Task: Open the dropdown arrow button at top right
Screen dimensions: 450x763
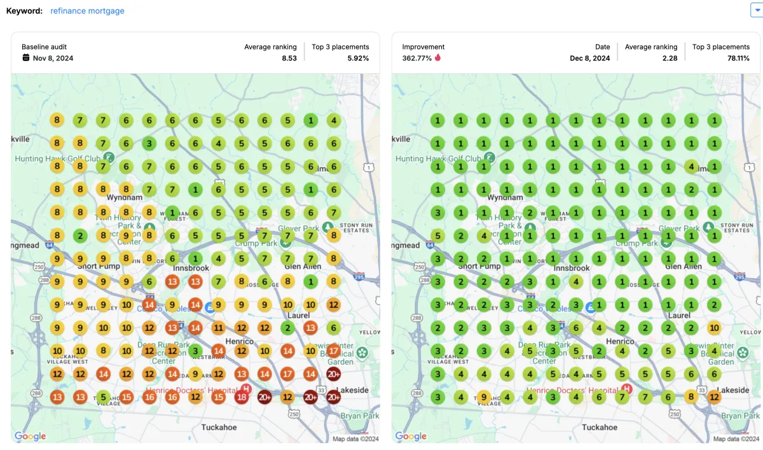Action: click(757, 10)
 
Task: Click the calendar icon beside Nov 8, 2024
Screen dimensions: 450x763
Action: click(26, 58)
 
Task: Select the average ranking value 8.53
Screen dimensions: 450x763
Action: click(289, 58)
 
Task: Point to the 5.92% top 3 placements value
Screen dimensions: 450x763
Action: click(358, 58)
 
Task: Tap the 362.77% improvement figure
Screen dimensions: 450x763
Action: click(416, 58)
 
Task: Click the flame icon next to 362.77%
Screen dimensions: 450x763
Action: click(437, 58)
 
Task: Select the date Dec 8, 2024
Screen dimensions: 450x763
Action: click(589, 58)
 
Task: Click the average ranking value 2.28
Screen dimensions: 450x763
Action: click(669, 58)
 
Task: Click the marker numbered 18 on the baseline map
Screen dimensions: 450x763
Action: click(241, 397)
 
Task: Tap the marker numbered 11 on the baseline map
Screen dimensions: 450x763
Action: click(218, 328)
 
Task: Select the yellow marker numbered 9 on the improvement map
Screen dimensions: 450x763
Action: click(483, 397)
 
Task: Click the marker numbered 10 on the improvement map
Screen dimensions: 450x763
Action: click(714, 328)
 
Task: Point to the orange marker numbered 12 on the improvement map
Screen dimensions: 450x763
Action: click(714, 397)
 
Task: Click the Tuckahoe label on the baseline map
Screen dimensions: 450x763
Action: click(219, 427)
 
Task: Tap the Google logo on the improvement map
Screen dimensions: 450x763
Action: click(411, 436)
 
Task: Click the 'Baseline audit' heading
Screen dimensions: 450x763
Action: click(44, 46)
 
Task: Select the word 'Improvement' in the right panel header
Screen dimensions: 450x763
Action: click(423, 46)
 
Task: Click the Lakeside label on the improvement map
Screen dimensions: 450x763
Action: click(733, 390)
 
